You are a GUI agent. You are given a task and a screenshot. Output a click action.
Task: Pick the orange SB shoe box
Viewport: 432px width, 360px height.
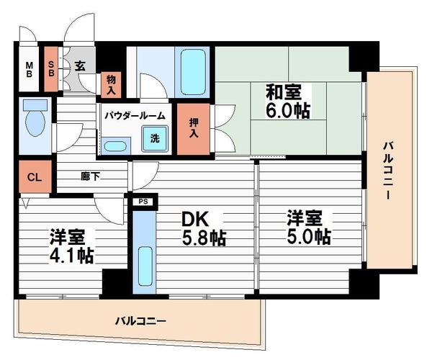point(52,68)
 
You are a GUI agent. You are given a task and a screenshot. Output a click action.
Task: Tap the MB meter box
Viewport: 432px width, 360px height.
point(30,69)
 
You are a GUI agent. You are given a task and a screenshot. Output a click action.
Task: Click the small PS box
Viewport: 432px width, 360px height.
point(143,202)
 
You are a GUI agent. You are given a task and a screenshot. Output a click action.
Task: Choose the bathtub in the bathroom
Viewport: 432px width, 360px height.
point(192,68)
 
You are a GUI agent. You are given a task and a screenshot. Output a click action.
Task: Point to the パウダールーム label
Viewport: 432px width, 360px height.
point(134,115)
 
